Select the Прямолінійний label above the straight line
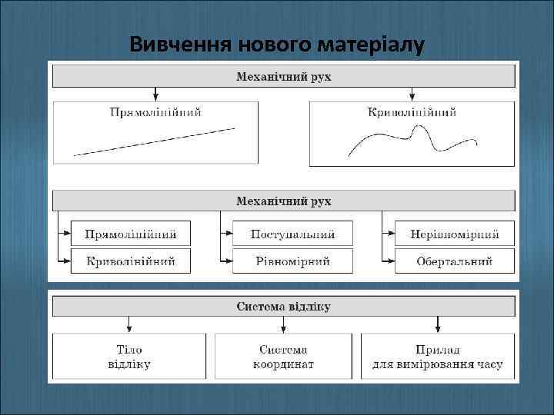click(156, 112)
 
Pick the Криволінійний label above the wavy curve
click(412, 112)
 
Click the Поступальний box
click(293, 234)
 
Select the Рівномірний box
click(293, 261)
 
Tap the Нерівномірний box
click(454, 234)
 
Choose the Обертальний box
click(454, 261)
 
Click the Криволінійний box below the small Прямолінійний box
click(131, 261)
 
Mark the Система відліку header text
click(283, 307)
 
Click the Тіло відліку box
click(129, 356)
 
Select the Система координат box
click(283, 356)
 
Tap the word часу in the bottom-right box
click(486, 364)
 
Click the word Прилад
click(437, 349)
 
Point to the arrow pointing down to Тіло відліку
click(129, 324)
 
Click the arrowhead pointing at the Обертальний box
click(390, 261)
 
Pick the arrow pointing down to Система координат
click(283, 324)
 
